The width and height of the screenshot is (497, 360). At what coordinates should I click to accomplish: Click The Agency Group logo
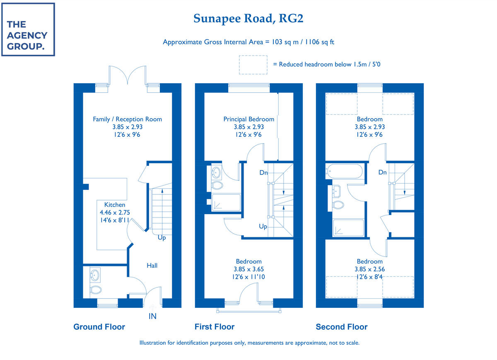coord(28,29)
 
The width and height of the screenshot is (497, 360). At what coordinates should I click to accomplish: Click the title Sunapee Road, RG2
coord(251,19)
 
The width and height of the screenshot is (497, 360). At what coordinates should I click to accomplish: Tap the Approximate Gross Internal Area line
coord(248,42)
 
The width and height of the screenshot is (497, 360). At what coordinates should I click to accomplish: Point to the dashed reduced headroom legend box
coord(252,65)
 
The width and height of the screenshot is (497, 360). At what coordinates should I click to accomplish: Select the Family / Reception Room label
coord(127,119)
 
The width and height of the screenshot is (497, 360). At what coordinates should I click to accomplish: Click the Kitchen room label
coord(115,205)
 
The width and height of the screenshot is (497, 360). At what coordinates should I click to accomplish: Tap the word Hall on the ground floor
coord(152,266)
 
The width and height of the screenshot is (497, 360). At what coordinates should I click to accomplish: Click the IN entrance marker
coord(153,317)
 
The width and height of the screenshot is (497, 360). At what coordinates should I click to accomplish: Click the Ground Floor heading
coord(99,327)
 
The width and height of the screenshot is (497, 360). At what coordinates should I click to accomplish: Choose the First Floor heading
coord(215,327)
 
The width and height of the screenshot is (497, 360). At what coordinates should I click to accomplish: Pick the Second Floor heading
coord(341,327)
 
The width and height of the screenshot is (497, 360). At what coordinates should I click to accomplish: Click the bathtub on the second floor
coord(344,171)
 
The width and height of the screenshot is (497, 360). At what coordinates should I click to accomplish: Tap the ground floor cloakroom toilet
coord(96,289)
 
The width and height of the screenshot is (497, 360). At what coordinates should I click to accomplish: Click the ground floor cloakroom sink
coord(95,274)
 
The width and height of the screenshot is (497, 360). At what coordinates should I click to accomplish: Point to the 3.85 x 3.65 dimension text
coord(248,269)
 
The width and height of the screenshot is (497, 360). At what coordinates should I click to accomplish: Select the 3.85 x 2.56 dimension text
coord(369,269)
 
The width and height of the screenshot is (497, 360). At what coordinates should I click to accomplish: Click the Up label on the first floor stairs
coord(263,227)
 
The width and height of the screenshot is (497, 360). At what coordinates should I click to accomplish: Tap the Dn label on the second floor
coord(382,172)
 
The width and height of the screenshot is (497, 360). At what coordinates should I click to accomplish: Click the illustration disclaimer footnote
coord(249,343)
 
